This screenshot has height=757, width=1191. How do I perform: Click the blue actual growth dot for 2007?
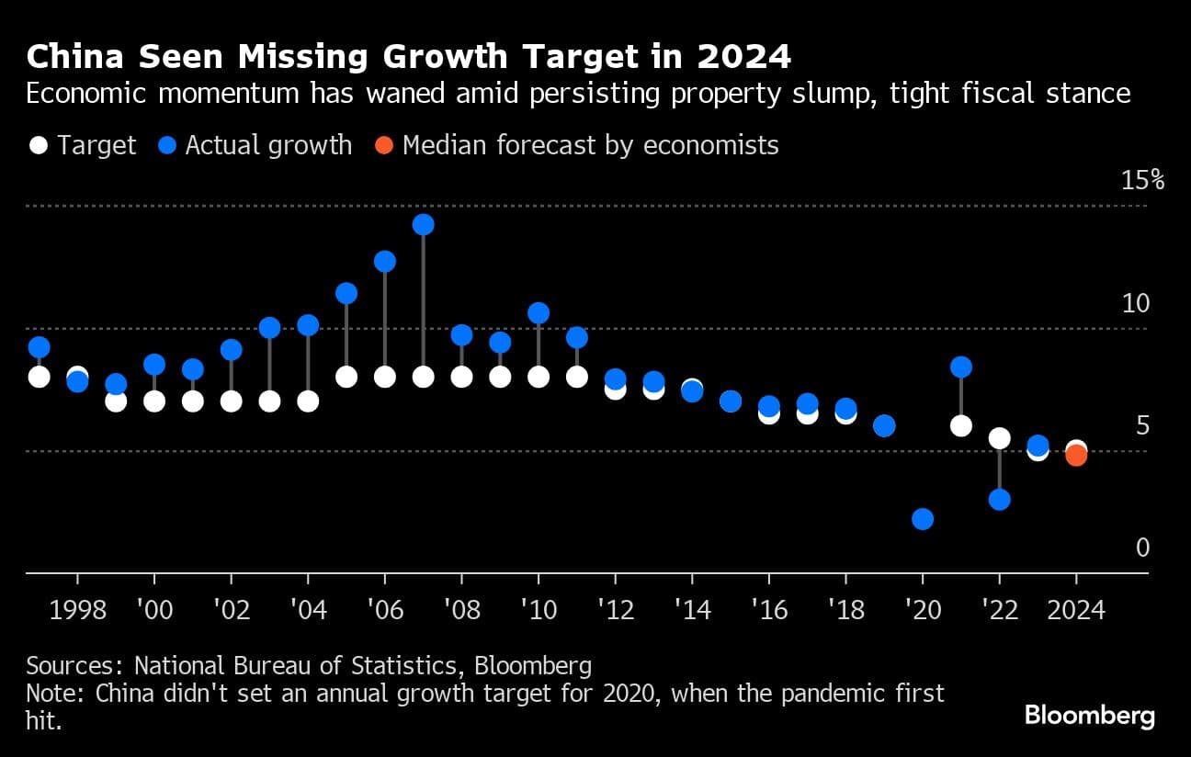(423, 225)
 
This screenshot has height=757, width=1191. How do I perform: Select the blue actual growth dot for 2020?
(923, 519)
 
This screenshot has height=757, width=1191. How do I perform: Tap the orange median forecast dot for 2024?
(1076, 455)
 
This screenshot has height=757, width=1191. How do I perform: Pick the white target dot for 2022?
(1000, 438)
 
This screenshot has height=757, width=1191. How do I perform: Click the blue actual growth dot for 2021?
(961, 367)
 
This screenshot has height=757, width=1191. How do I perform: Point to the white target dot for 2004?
(308, 401)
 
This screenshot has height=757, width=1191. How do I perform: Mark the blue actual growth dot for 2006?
(385, 262)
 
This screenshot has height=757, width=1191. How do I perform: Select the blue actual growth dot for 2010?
(539, 313)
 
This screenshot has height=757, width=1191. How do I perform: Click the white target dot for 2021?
(961, 425)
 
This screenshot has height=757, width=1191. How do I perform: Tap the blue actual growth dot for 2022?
(1000, 500)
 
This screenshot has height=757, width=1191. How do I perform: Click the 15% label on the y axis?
(1143, 180)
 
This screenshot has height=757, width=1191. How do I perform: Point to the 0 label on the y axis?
(1143, 548)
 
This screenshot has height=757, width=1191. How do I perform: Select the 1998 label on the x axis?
(77, 610)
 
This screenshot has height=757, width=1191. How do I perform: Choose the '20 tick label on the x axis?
(922, 610)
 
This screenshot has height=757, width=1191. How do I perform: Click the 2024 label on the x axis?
(1076, 610)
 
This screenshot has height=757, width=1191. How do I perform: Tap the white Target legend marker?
(39, 145)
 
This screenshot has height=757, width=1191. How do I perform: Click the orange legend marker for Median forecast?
(384, 145)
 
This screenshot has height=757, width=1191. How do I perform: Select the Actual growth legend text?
(268, 145)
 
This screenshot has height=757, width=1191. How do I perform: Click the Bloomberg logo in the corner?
(1089, 715)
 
